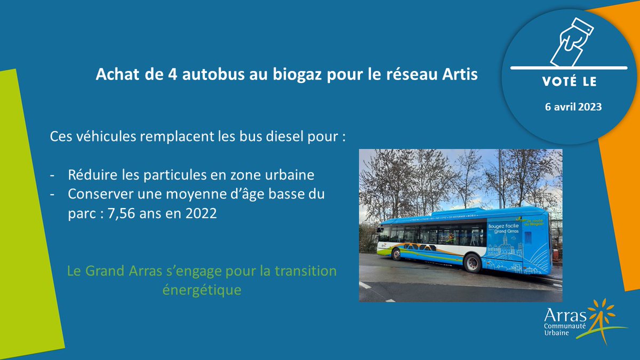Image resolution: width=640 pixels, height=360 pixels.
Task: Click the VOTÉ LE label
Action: tap(570, 83)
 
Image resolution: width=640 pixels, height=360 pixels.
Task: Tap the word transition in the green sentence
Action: tap(305, 271)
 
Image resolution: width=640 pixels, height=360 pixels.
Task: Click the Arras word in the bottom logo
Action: tap(561, 315)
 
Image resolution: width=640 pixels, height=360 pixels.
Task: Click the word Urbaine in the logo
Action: tap(557, 333)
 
